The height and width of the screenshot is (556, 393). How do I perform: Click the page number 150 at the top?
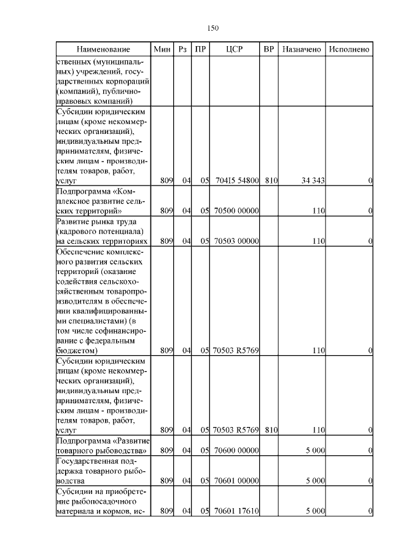point(214,28)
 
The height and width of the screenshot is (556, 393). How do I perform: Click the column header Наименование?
point(104,49)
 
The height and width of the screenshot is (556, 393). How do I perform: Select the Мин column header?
point(161,49)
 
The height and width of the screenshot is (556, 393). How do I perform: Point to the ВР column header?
point(268,49)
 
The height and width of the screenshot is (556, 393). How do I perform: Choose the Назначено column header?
point(302,49)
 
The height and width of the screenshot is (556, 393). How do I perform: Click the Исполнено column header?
point(349,49)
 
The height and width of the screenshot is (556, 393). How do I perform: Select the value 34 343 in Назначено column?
point(313,181)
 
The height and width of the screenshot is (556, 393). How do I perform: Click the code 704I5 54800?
point(236,181)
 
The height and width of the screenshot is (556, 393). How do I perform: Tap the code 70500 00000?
point(236,211)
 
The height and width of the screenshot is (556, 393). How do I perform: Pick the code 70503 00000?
point(236,241)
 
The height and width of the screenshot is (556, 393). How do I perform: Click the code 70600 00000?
point(236,450)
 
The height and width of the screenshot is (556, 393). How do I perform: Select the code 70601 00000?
point(236,480)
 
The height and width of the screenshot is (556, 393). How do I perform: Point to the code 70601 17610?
point(236,511)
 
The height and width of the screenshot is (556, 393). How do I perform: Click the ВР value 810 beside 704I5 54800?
point(271,181)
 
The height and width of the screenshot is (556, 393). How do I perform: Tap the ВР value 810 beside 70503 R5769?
point(271,431)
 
